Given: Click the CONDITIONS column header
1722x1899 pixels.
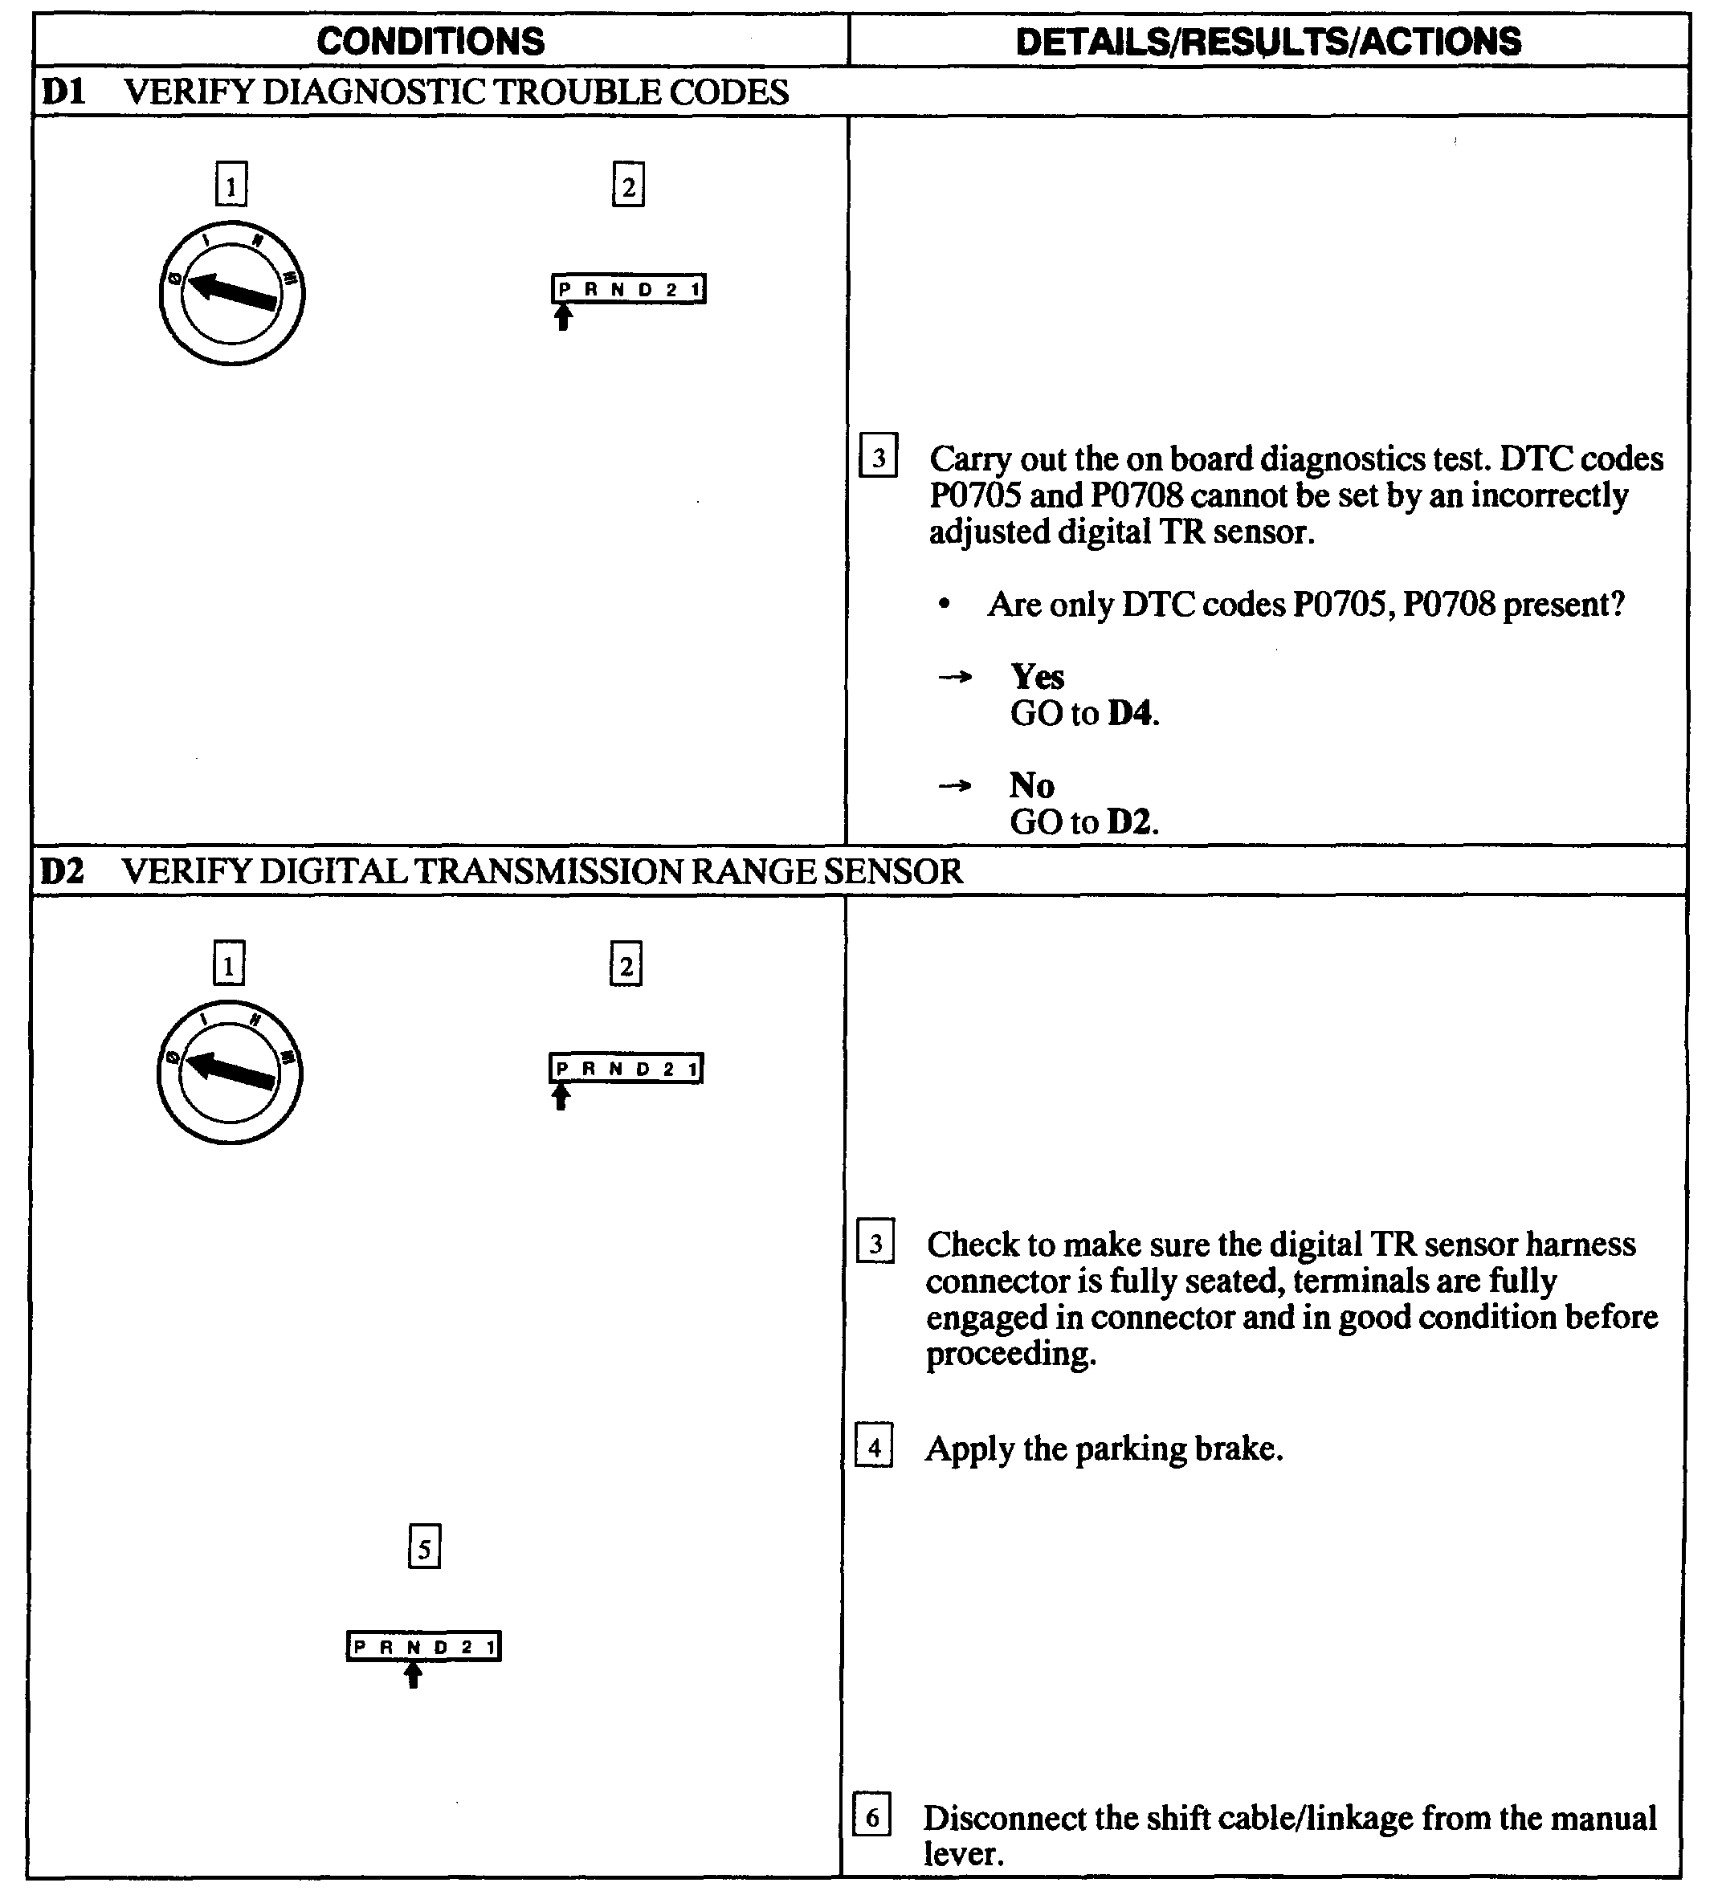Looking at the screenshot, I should [x=430, y=42].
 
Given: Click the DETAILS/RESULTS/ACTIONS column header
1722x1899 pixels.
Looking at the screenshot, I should [x=1268, y=42].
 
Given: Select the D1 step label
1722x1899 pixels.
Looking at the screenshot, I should [x=63, y=92].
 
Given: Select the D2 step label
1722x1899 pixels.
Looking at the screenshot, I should [x=62, y=871].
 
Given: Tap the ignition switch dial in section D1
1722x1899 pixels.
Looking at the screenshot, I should [x=232, y=293].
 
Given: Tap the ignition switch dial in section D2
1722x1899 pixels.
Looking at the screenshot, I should [x=230, y=1072].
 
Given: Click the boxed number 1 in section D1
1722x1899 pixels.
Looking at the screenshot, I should [x=231, y=184].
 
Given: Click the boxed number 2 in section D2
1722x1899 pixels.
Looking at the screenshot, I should [x=626, y=964].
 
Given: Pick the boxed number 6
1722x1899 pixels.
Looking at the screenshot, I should [x=872, y=1816].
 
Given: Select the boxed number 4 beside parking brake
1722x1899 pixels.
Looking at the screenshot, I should [x=874, y=1446].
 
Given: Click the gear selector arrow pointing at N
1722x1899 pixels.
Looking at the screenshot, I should [x=413, y=1675].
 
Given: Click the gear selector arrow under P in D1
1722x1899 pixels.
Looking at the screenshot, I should [x=563, y=316].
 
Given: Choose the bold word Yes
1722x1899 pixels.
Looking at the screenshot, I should [x=1037, y=676].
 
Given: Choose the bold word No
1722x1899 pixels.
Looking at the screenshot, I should [x=1031, y=784].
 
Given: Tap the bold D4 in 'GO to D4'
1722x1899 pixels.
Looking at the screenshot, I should [x=1129, y=713].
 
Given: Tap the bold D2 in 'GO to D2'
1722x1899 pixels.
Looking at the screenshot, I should [x=1129, y=821].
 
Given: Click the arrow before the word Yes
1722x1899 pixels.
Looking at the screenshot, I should [x=954, y=676].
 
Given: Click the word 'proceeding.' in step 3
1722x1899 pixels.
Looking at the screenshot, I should [x=1010, y=1354].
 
